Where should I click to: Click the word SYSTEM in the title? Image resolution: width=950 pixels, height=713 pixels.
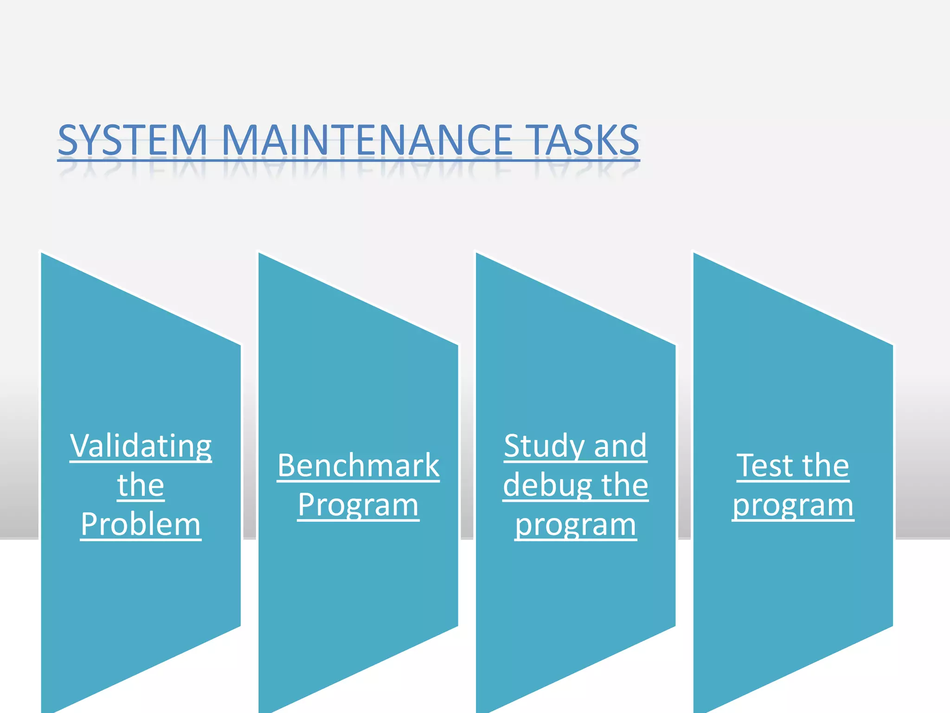(x=132, y=140)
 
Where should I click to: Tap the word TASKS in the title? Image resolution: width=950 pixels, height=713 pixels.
(x=584, y=140)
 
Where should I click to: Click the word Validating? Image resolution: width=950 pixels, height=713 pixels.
(x=141, y=447)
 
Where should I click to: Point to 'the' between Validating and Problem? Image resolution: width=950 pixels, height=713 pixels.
(x=141, y=486)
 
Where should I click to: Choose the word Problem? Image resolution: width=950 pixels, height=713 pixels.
(x=141, y=525)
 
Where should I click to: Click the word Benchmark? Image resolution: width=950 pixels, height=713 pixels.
(x=358, y=466)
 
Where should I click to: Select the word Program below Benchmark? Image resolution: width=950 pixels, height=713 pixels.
(x=358, y=505)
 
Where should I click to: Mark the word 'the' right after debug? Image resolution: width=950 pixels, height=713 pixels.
(x=624, y=486)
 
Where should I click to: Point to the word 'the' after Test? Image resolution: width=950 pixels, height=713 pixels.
(x=826, y=466)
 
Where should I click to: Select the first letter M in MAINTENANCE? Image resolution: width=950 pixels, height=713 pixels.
(x=240, y=140)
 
